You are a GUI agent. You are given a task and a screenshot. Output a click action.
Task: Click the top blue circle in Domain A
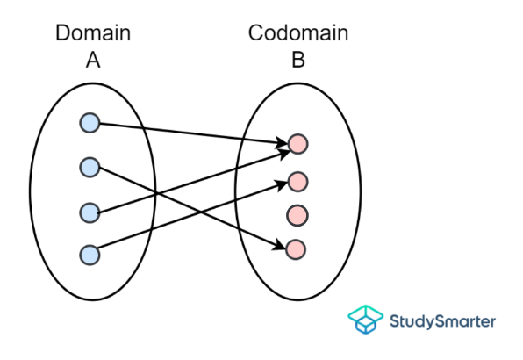coord(90,122)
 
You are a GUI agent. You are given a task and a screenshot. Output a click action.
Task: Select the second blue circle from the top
coord(90,166)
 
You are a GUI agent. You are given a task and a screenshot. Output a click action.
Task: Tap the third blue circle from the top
coord(90,212)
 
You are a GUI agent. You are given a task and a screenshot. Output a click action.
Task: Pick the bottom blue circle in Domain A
coord(90,255)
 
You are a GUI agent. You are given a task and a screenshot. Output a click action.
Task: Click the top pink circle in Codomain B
coord(297,142)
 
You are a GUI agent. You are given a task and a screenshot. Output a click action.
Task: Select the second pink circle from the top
coord(297,182)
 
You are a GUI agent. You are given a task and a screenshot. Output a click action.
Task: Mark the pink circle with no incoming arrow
coord(297,214)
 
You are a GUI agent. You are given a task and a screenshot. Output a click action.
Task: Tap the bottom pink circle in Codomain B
coord(297,248)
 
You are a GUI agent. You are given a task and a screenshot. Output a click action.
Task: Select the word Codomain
coord(298,33)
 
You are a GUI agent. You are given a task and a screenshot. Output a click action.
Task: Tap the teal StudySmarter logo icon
coord(365,320)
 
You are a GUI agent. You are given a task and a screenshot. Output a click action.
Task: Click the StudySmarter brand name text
coord(442,320)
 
